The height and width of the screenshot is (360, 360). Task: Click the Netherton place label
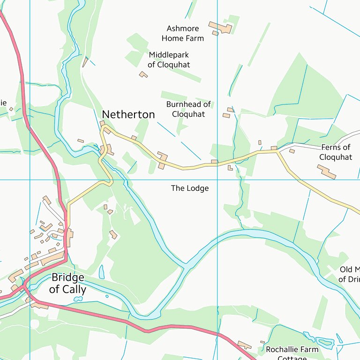(128, 114)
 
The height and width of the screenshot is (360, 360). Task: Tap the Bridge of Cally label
(68, 283)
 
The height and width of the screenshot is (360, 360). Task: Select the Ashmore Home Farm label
(183, 33)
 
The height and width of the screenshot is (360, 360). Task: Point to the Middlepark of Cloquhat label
(169, 60)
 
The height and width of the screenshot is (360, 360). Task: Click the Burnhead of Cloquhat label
(188, 109)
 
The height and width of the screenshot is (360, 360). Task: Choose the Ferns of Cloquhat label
(336, 152)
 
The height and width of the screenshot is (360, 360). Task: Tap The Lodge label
(189, 188)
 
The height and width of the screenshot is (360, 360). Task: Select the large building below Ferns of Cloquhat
(326, 172)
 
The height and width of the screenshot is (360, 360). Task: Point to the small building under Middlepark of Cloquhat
(143, 74)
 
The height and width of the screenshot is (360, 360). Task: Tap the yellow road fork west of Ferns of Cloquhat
(277, 151)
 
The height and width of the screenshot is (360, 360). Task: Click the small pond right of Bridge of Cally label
(102, 272)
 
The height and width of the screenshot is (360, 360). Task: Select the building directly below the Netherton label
(102, 124)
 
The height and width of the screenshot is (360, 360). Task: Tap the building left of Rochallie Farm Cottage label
(244, 345)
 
